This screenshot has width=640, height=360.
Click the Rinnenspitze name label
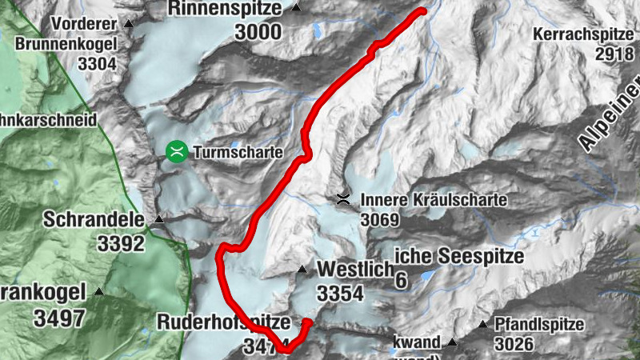click(225, 9)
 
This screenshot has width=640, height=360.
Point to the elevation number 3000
click(258, 32)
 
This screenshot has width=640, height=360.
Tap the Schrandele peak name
click(94, 219)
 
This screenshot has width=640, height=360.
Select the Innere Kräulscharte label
click(434, 200)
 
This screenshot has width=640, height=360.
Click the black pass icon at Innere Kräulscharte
click(343, 199)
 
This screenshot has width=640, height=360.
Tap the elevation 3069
click(380, 219)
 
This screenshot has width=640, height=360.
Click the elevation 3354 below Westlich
click(340, 294)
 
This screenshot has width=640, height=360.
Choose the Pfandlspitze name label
click(538, 326)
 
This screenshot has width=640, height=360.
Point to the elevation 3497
click(59, 317)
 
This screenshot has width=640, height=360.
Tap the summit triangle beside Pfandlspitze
click(483, 325)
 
